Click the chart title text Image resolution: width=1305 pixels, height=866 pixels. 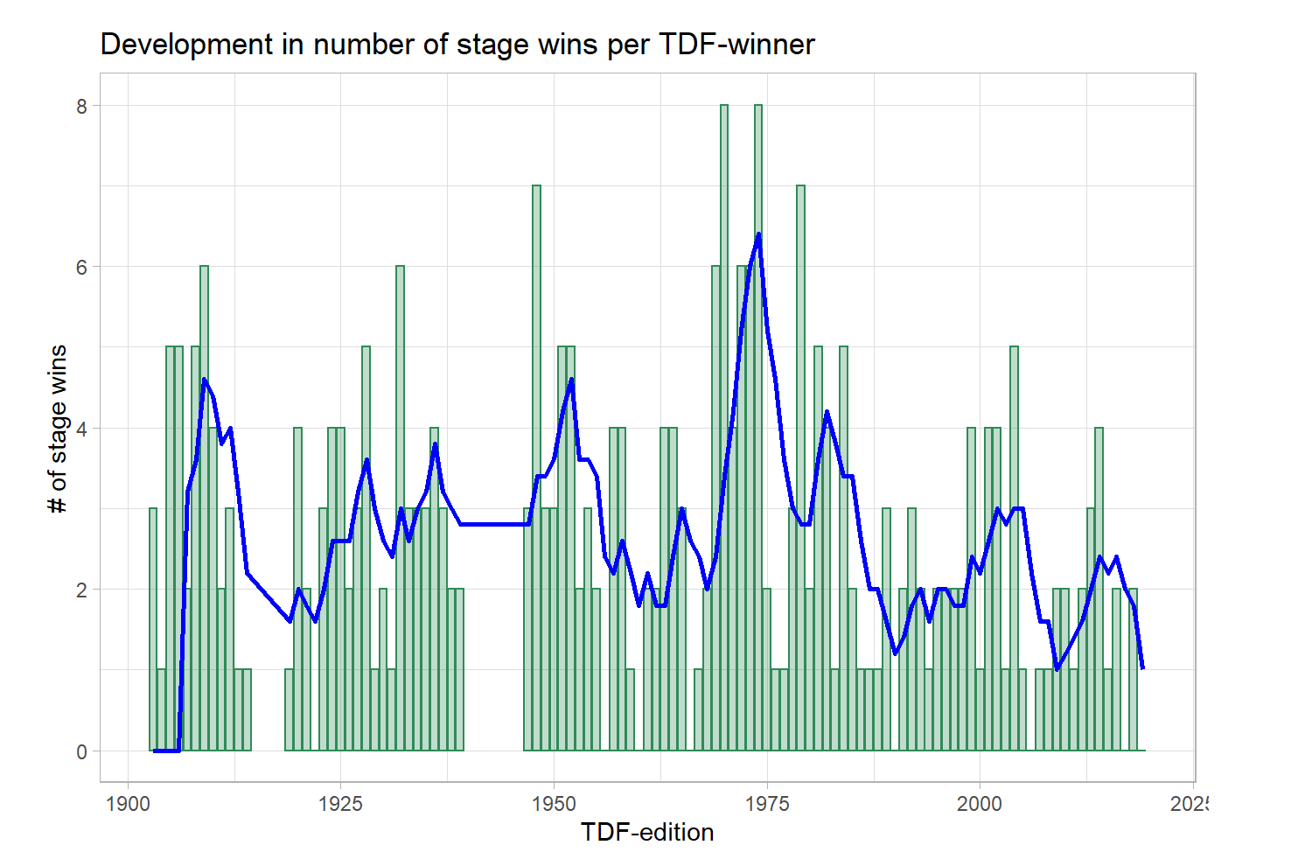coord(457,45)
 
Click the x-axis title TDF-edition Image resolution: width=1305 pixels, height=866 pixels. coord(646,832)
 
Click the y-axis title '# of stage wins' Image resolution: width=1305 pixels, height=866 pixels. coord(59,429)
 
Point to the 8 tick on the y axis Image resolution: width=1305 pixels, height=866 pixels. coord(82,106)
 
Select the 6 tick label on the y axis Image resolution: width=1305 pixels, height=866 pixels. coord(82,267)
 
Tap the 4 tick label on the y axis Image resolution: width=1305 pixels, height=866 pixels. coord(82,429)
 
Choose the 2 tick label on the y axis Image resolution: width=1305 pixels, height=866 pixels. coord(82,590)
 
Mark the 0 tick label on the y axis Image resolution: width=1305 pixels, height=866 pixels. coord(82,751)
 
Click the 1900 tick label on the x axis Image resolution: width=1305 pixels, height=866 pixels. coord(129,804)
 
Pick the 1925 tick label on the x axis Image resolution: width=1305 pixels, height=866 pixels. coord(341,804)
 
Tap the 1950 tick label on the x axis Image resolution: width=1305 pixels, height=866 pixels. coord(554,804)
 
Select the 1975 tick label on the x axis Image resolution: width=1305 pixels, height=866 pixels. coord(767,804)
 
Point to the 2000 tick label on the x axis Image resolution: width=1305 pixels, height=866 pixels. coord(980,804)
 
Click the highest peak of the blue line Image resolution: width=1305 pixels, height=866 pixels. coord(758,234)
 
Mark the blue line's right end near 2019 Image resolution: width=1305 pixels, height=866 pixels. coord(1142,668)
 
